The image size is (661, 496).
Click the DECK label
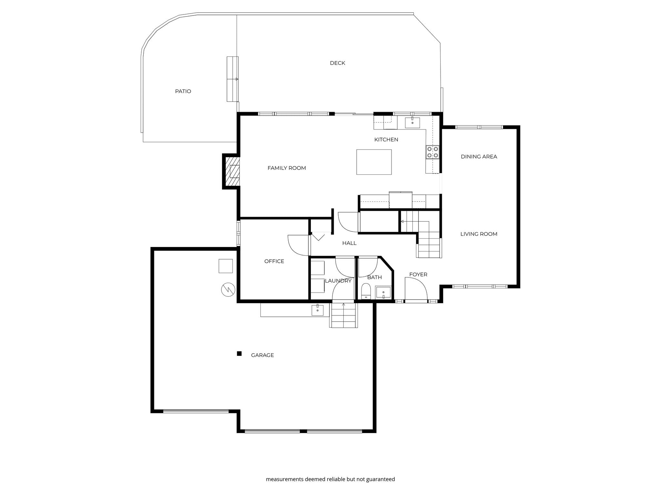click(x=337, y=63)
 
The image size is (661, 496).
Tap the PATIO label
click(x=183, y=91)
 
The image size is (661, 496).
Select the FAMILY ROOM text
click(x=287, y=168)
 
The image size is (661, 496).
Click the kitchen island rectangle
click(x=374, y=162)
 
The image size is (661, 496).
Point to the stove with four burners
click(x=432, y=152)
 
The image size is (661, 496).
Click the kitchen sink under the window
click(x=412, y=123)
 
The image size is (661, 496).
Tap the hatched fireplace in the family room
click(x=232, y=171)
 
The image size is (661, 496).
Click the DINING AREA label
click(x=479, y=157)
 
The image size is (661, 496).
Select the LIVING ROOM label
click(x=479, y=234)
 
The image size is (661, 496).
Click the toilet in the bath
click(x=366, y=291)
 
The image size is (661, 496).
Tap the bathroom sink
click(x=383, y=293)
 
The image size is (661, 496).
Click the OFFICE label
click(x=274, y=261)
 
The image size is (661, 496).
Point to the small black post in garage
click(x=239, y=354)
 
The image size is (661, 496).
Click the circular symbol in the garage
click(x=228, y=289)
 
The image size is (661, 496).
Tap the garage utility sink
click(x=317, y=310)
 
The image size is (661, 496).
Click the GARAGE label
click(x=262, y=355)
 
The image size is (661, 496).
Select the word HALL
click(x=349, y=243)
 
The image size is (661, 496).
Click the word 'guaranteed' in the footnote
click(x=380, y=479)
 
